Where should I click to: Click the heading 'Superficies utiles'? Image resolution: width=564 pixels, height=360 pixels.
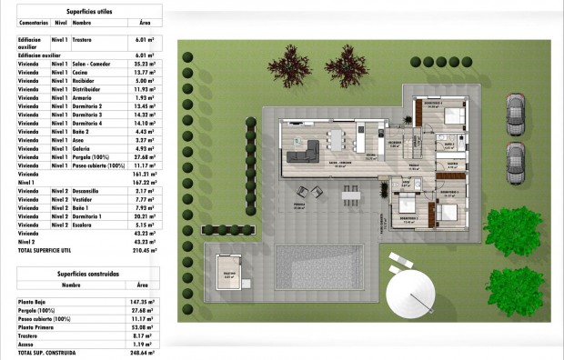pos(88,10)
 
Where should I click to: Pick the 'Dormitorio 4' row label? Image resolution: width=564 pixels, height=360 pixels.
pos(87,123)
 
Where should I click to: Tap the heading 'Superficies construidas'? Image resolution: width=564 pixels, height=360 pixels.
pos(88,270)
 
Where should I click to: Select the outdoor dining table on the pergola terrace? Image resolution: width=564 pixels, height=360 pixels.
pos(351,195)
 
